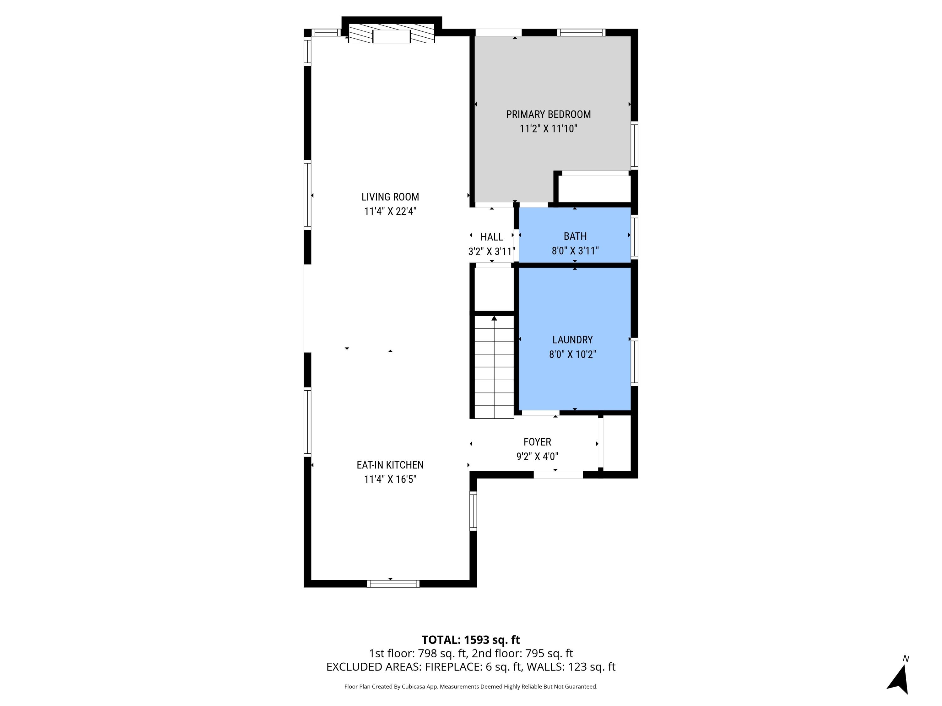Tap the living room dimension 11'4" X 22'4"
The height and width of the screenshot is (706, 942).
tap(390, 211)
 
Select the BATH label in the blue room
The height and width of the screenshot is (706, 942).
tap(575, 236)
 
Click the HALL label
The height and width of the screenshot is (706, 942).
tap(491, 237)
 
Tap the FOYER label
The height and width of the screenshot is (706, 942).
tap(537, 442)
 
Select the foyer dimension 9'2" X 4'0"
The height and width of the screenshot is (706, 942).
tap(537, 456)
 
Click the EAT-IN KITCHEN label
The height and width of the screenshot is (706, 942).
tap(390, 465)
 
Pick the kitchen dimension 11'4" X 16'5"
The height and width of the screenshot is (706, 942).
tap(390, 479)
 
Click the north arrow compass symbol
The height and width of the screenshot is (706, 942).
tap(899, 678)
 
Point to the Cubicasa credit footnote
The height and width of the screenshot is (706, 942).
tap(471, 687)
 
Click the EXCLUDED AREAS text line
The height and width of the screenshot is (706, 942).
tap(471, 666)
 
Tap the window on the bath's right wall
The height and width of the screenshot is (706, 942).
tap(634, 237)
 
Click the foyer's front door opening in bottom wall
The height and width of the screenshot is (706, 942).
tap(558, 474)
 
